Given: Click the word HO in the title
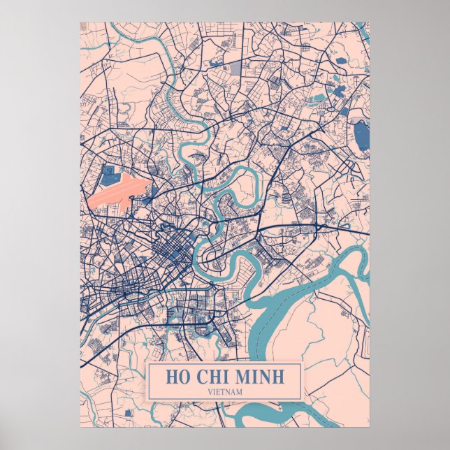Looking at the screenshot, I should [176, 377].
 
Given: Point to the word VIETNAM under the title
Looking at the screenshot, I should [225, 391].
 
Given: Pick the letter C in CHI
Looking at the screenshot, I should [201, 377].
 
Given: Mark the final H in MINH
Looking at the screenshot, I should [278, 377].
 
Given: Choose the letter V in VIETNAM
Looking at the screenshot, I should [210, 391].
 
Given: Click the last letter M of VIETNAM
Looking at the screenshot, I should [240, 391].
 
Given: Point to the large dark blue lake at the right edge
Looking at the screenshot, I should [361, 135].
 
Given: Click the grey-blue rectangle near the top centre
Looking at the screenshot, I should [235, 68].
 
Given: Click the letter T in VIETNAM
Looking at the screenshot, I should [222, 391].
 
